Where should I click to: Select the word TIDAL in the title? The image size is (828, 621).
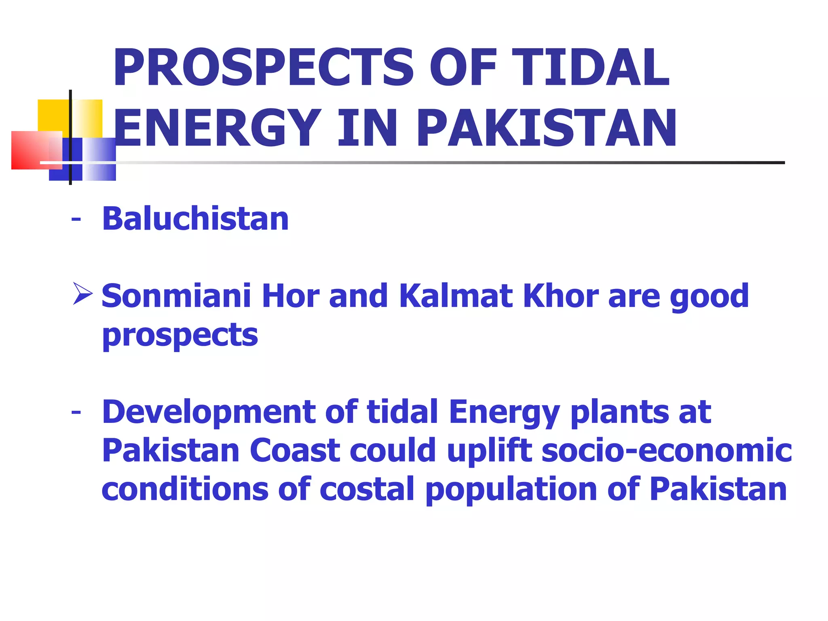tap(593, 68)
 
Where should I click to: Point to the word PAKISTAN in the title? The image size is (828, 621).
tap(547, 128)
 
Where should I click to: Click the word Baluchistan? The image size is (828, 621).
tap(195, 219)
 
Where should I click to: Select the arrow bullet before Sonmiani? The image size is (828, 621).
tap(83, 294)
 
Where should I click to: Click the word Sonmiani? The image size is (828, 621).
tap(176, 296)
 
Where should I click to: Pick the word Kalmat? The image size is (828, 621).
tap(456, 296)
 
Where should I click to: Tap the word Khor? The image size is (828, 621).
tap(561, 296)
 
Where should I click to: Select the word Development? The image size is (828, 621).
tap(209, 412)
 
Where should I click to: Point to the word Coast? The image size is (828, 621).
tap(295, 450)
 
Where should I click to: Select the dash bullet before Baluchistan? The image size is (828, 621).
tap(76, 220)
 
